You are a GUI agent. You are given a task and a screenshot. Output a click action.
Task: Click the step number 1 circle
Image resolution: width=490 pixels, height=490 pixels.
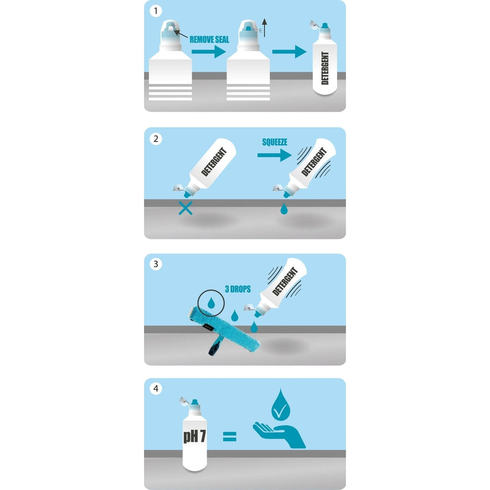(156, 11)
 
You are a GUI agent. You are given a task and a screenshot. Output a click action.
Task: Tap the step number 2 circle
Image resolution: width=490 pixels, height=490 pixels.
(156, 139)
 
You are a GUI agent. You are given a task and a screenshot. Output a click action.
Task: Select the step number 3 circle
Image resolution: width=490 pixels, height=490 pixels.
(156, 264)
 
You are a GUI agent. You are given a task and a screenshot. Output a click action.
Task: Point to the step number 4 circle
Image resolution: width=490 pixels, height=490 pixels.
(156, 389)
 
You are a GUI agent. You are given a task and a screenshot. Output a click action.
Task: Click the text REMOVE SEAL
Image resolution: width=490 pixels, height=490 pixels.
(209, 40)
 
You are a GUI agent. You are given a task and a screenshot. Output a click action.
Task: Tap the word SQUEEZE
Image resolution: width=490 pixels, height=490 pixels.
(274, 142)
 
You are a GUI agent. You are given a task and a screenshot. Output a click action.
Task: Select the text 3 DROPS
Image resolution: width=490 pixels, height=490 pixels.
(238, 289)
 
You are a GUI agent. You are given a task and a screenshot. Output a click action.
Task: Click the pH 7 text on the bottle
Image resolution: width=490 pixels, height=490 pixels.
(195, 436)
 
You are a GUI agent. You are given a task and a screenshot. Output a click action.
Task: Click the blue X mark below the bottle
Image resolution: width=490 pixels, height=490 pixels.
(185, 208)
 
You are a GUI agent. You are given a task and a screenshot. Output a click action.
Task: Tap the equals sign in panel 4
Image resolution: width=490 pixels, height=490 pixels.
(230, 436)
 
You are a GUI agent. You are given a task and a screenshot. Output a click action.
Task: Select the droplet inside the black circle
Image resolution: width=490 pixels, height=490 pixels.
(211, 303)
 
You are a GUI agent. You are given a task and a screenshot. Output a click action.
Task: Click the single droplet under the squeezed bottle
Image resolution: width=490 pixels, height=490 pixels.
(284, 209)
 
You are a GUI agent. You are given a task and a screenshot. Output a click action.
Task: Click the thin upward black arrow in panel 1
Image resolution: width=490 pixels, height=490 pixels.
(264, 27)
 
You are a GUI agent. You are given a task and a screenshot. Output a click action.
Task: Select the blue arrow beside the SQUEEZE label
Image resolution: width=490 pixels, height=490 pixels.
(274, 155)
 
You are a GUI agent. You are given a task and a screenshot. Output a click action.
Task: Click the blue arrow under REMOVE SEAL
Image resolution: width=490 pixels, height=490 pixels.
(209, 52)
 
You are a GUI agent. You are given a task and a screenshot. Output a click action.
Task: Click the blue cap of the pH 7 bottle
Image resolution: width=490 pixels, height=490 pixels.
(195, 402)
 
